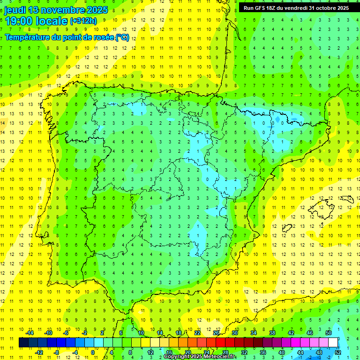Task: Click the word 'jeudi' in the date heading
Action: click(15, 10)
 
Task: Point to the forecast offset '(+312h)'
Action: click(83, 21)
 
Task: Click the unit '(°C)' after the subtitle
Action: click(122, 37)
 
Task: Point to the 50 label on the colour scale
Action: click(329, 332)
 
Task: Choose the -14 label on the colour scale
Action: click(29, 332)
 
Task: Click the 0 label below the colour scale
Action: click(92, 352)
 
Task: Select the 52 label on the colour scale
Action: click(338, 352)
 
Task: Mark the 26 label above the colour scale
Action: click(216, 332)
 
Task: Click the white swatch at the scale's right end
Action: click(333, 343)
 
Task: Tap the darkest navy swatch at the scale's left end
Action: click(23, 343)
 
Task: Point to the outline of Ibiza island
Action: click(287, 228)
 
